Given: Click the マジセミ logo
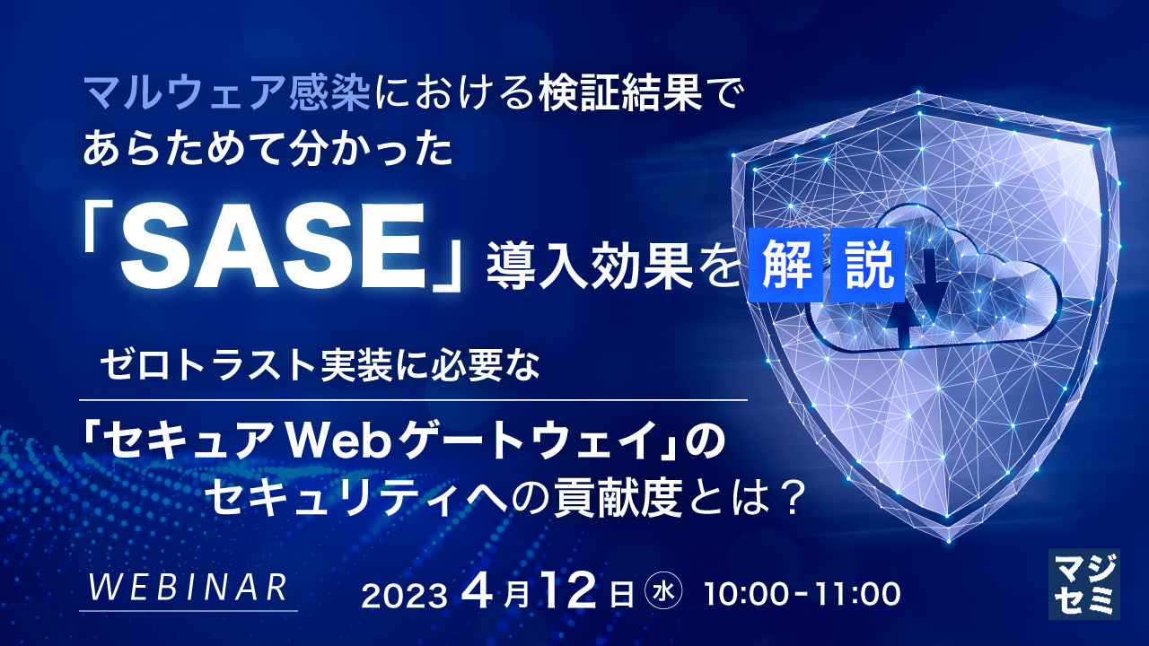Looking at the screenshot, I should pyautogui.click(x=1083, y=583).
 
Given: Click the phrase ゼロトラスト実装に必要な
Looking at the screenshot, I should pyautogui.click(x=321, y=367).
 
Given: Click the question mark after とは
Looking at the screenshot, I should pyautogui.click(x=786, y=493).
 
